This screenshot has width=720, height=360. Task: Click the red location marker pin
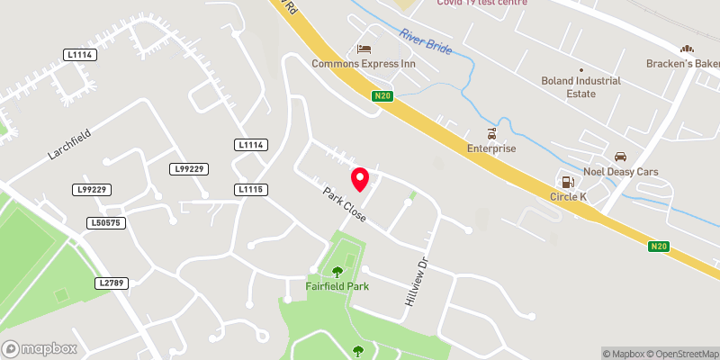[x=360, y=179]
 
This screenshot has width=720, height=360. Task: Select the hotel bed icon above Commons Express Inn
[x=364, y=49]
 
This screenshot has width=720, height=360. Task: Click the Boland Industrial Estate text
[x=581, y=86]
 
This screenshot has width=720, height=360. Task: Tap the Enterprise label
[x=490, y=148]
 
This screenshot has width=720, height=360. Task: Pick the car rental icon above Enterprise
[x=490, y=133]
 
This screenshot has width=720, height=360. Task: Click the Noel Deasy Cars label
[x=621, y=171]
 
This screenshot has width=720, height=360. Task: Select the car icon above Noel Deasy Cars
[x=620, y=157]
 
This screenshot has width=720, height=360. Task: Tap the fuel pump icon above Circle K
[x=568, y=181]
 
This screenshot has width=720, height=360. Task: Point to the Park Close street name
[x=344, y=206]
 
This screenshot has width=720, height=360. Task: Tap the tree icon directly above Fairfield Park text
[x=337, y=270]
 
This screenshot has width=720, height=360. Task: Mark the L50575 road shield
[x=104, y=222]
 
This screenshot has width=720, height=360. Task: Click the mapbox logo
[x=40, y=348]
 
